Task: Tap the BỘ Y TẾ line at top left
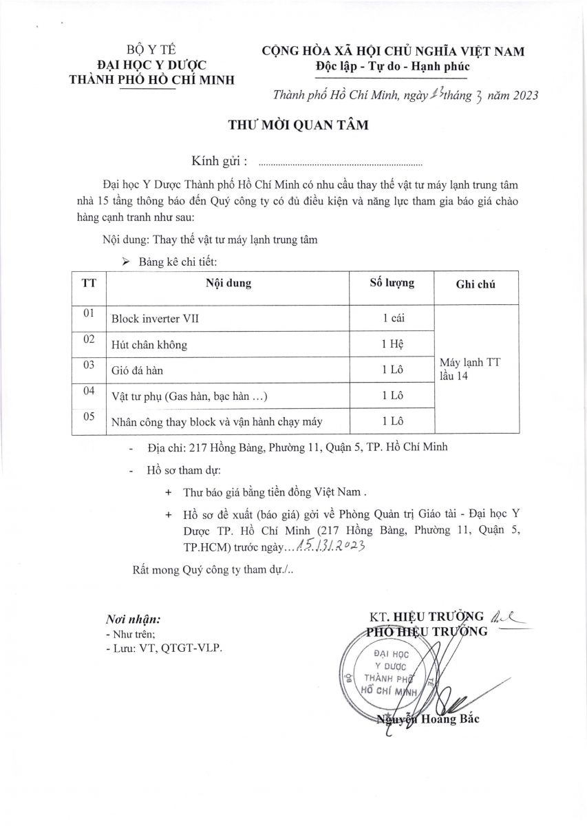coord(152,49)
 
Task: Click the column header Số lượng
coord(392,283)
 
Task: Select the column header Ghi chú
coord(475,284)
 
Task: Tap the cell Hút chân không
coord(149,344)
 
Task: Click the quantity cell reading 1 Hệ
coord(392,344)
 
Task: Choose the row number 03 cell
coord(88,366)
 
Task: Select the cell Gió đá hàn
coord(138,370)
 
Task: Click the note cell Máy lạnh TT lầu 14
coord(469,368)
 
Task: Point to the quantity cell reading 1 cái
coord(392,319)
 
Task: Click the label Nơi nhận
coord(133,619)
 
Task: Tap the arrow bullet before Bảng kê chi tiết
coord(125,262)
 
